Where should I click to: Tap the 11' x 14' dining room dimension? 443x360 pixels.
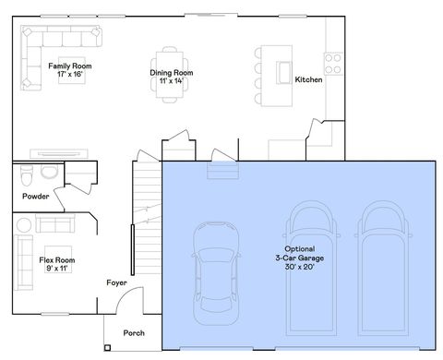[x=171, y=81]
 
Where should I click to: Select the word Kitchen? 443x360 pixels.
[x=308, y=80]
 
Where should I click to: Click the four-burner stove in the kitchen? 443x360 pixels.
[x=332, y=64]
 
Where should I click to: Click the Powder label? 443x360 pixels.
[x=35, y=197]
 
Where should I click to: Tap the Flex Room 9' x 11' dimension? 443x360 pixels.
[x=56, y=270]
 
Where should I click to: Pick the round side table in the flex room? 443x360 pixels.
[x=24, y=223]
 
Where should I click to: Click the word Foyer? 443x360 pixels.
[x=116, y=282]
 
